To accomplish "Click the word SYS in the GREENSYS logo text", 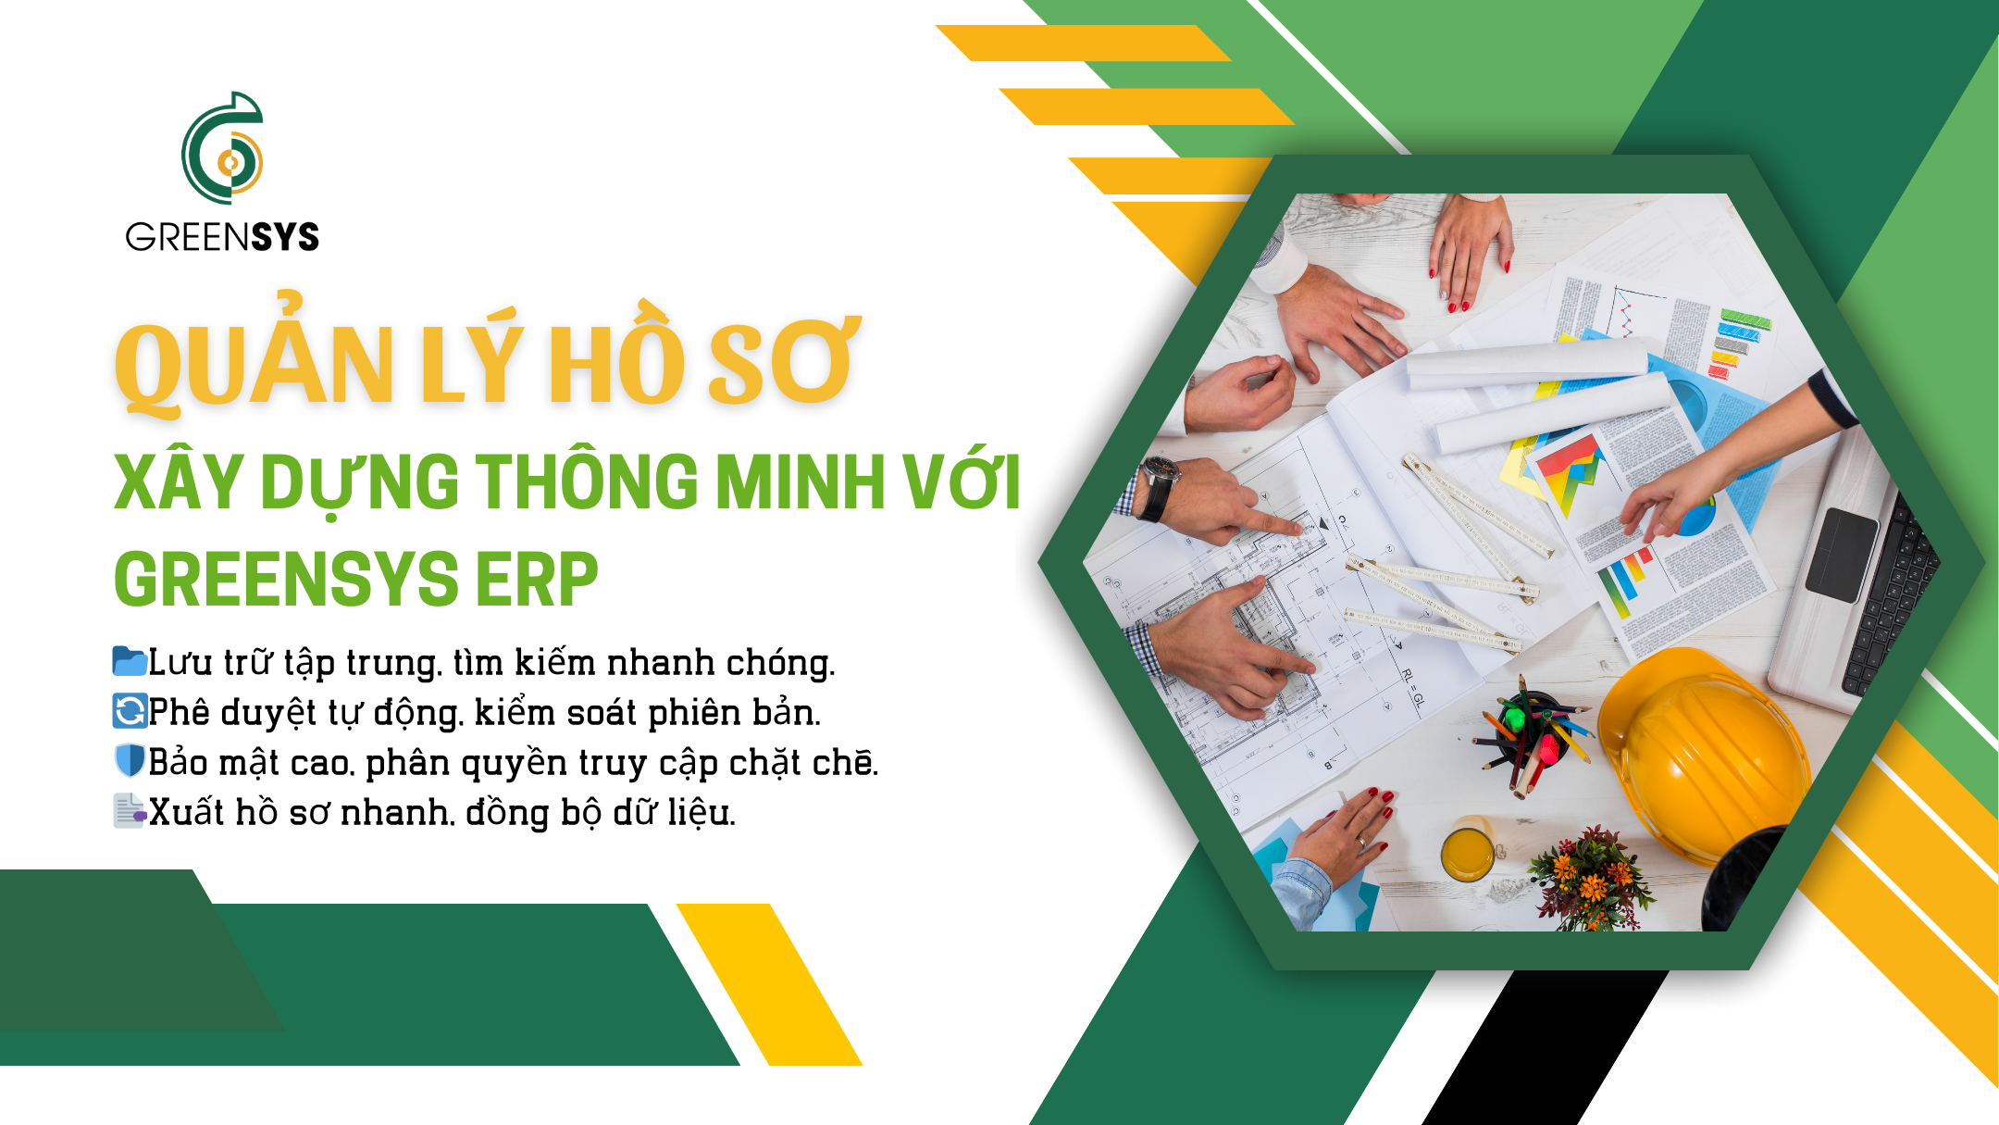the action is [285, 238].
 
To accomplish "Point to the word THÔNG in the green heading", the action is [588, 481].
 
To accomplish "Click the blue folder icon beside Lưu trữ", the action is [130, 661].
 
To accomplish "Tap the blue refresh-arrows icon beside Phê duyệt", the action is [130, 711].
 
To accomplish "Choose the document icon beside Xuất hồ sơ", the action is [130, 810].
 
